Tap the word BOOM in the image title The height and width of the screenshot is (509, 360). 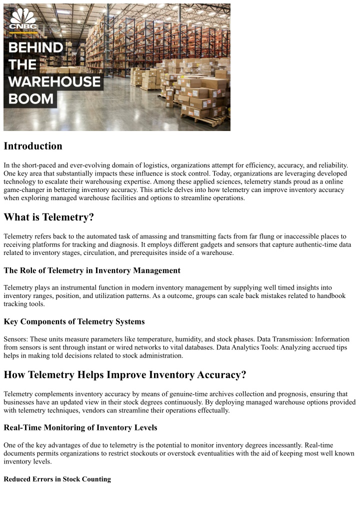31,98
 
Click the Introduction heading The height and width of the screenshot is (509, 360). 33,146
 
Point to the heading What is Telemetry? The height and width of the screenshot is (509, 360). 48,217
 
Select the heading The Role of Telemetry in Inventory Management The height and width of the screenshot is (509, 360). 92,270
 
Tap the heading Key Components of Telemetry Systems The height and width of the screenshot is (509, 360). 74,321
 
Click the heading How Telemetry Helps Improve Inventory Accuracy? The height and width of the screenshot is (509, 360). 125,375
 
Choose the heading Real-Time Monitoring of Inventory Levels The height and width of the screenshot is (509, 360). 80,427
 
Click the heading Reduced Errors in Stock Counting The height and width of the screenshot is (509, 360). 57,479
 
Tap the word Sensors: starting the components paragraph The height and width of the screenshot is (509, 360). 16,338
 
